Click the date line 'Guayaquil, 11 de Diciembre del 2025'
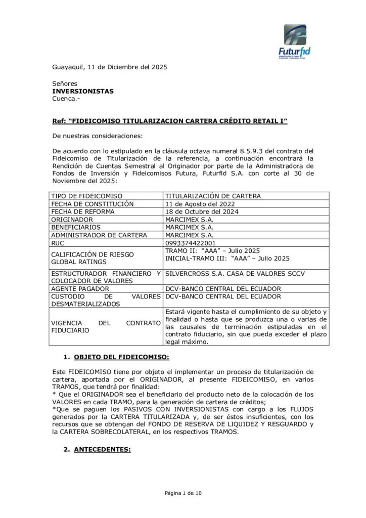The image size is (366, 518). click(110, 67)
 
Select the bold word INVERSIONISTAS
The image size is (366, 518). click(83, 91)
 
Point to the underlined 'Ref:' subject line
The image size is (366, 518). click(170, 122)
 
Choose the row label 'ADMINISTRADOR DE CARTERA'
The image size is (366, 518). click(99, 235)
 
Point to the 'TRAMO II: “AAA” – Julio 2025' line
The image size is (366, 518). click(213, 251)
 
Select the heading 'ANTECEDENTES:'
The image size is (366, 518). click(102, 449)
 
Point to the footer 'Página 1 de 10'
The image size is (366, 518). click(182, 492)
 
